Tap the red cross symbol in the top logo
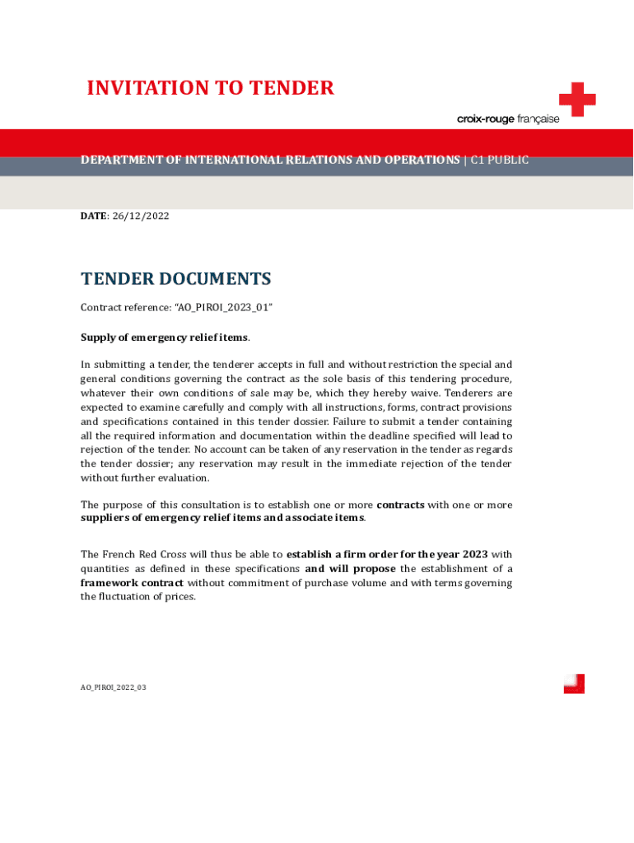click(x=576, y=100)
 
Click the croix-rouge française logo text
click(x=507, y=119)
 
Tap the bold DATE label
click(x=93, y=216)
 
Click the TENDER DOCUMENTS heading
click(x=175, y=279)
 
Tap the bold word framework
click(x=110, y=583)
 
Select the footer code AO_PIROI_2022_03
click(x=113, y=687)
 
